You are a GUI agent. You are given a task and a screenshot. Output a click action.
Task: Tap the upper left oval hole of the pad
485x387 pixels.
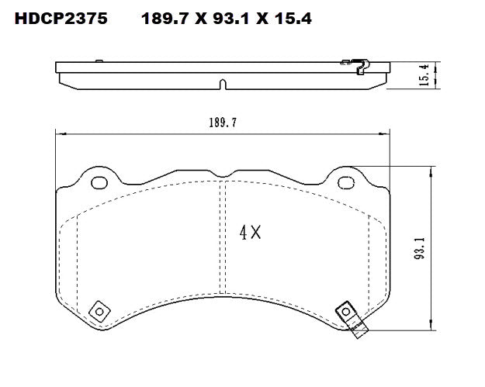click(x=99, y=183)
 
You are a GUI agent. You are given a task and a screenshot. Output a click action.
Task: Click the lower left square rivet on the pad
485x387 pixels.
click(x=98, y=311)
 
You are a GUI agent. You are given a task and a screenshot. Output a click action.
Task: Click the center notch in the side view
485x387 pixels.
click(x=223, y=84)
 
